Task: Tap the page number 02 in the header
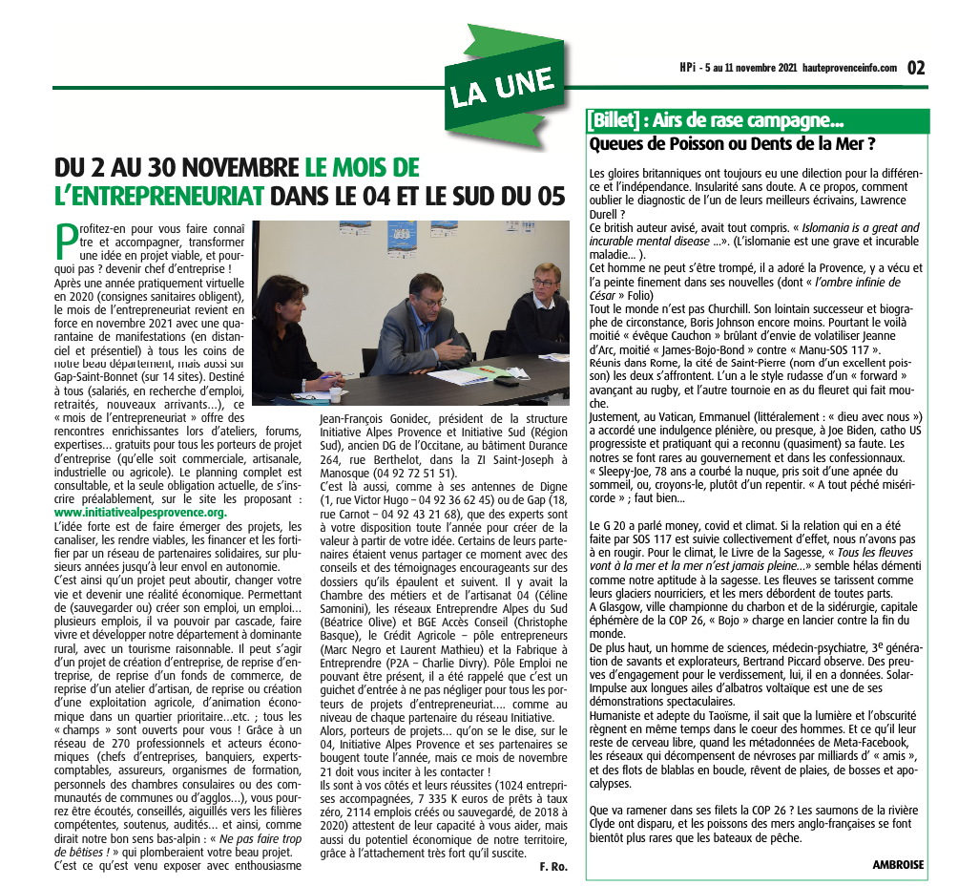(x=915, y=68)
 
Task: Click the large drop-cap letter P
(x=65, y=240)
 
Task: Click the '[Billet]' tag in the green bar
(x=613, y=121)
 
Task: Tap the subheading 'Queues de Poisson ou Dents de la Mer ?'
(x=733, y=144)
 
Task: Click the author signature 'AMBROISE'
(x=898, y=864)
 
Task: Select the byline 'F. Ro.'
(x=553, y=867)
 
